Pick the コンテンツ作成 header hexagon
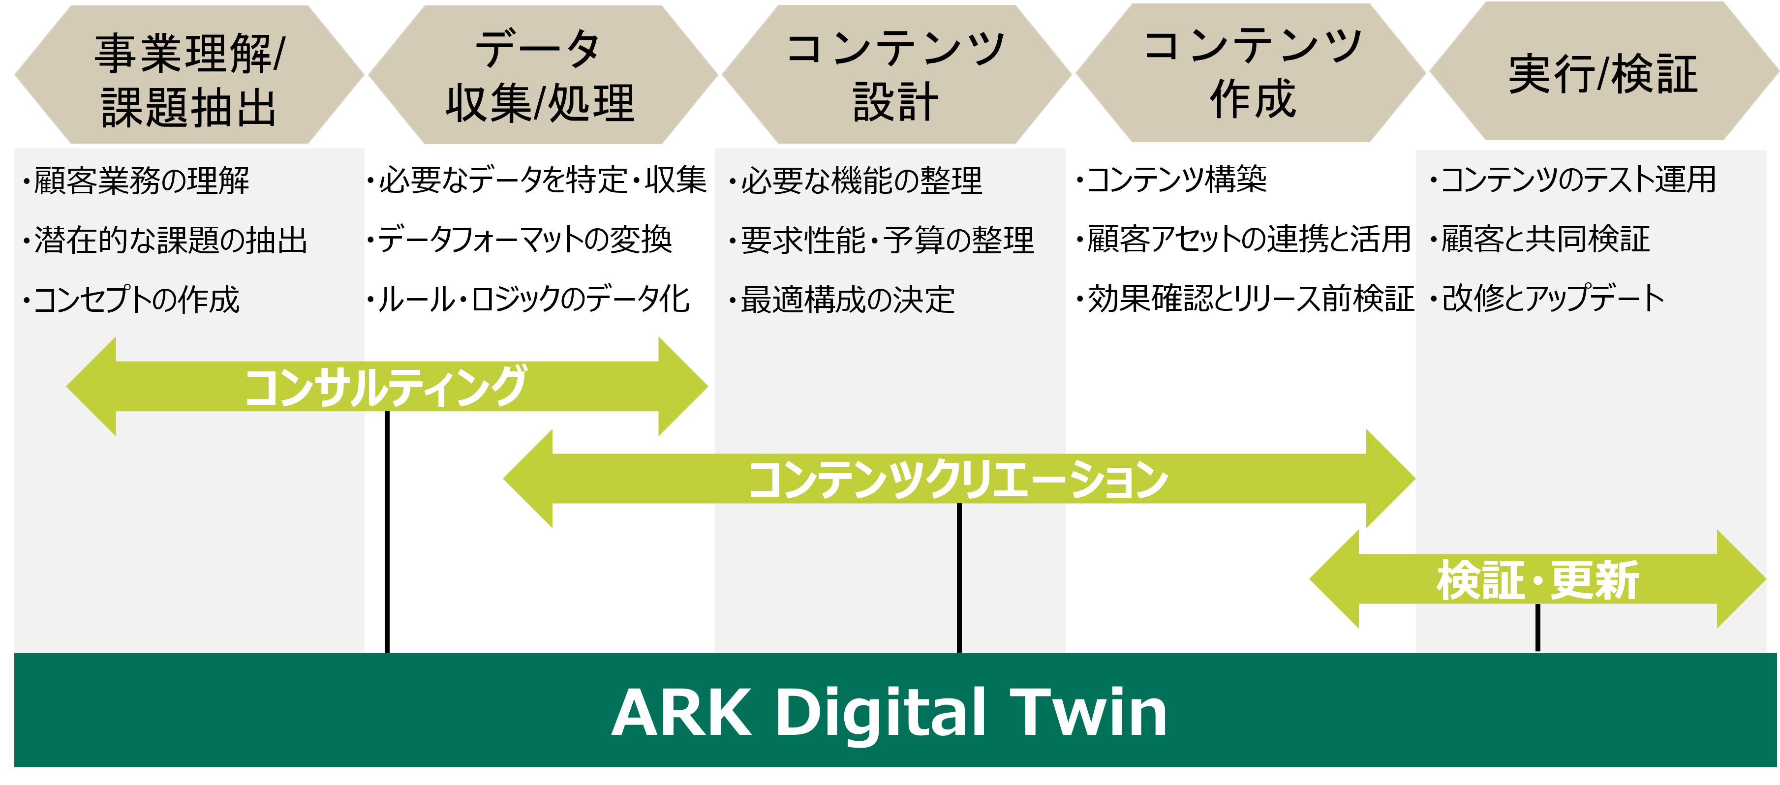click(x=1251, y=73)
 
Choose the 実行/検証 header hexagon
click(x=1603, y=73)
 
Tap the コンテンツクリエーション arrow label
click(x=958, y=480)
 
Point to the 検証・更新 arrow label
click(x=1537, y=580)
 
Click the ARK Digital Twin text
click(x=890, y=712)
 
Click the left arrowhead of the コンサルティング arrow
click(x=93, y=386)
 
